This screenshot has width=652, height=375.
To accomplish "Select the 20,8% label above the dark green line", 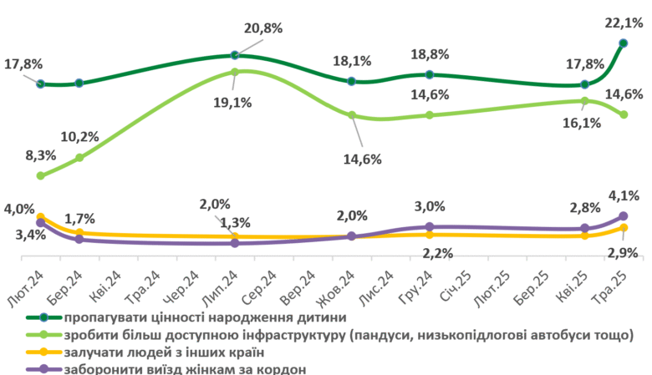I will (x=263, y=28).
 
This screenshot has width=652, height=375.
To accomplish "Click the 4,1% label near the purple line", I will (x=624, y=196).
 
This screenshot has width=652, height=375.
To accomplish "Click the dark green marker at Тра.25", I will (x=624, y=43).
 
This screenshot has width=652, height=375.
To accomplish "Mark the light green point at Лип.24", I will (x=235, y=72).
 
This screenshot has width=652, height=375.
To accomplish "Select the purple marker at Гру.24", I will (x=429, y=226).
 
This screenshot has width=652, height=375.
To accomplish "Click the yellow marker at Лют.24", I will (x=40, y=217).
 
